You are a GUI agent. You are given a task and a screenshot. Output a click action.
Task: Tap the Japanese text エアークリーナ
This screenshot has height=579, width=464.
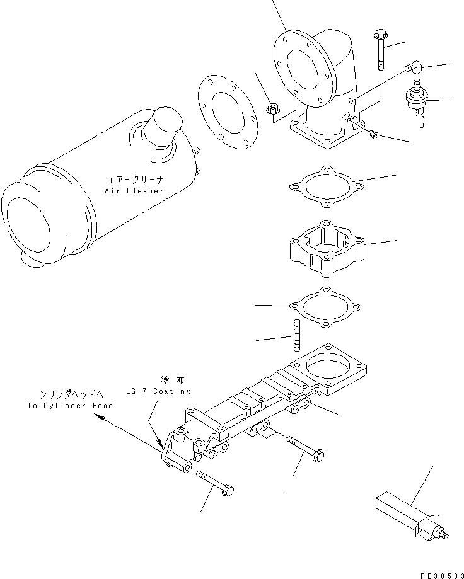point(136,180)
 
